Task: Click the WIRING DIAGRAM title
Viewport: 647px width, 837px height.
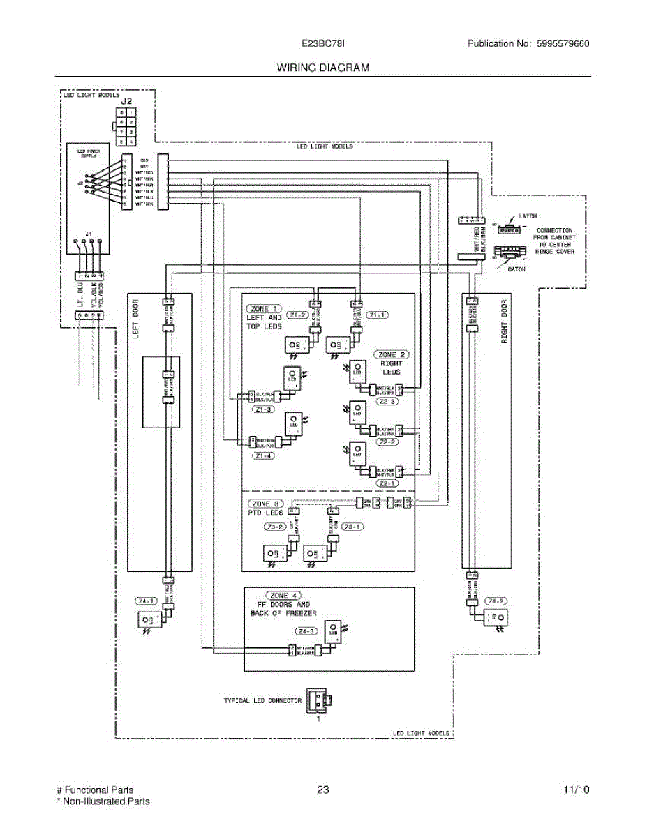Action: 322,68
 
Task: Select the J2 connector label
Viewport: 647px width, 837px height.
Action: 126,101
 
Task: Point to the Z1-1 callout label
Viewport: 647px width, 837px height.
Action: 378,315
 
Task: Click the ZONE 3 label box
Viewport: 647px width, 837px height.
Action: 261,504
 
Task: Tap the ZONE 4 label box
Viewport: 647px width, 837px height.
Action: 279,596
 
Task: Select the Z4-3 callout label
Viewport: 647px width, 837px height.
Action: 305,632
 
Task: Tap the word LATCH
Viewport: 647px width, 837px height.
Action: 528,217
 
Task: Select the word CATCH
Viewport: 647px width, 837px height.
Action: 516,269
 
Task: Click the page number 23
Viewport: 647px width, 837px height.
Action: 322,790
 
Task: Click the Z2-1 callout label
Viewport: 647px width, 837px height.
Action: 387,483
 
